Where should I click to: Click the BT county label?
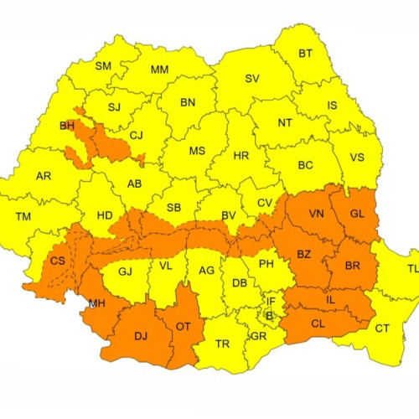coord(305,54)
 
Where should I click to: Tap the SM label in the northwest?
coord(103,66)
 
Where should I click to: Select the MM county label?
coord(160,70)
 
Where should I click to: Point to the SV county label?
coord(251,79)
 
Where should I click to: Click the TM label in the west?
coord(23,216)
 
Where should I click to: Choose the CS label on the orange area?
coord(58,261)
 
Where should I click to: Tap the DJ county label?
coord(141,336)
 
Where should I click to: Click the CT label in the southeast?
coord(381,328)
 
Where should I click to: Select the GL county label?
coord(357,214)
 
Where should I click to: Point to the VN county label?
coord(316,214)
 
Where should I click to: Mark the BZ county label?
coord(305,254)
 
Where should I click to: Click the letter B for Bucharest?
coord(268,316)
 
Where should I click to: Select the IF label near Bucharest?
coord(270,301)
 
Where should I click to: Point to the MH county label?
coord(96,304)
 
